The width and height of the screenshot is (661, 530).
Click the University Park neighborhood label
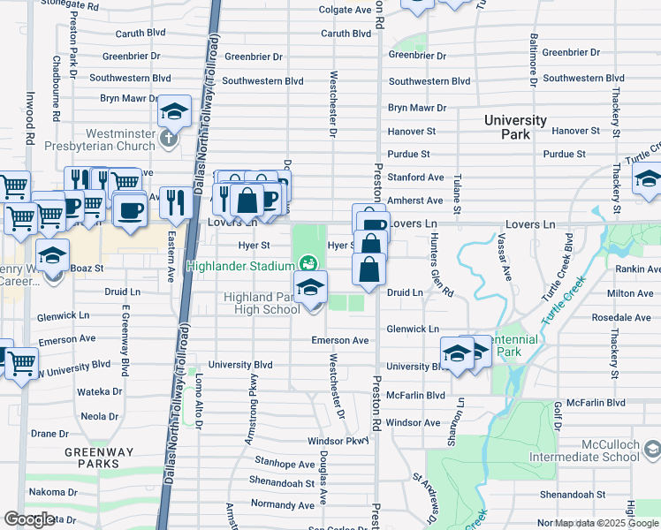(514, 127)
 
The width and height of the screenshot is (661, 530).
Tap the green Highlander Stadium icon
(308, 262)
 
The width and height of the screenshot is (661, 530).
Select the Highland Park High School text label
(265, 303)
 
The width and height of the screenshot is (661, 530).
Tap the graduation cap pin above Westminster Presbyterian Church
(175, 112)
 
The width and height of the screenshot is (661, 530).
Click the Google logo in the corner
(29, 519)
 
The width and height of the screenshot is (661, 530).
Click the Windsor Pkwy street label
(337, 441)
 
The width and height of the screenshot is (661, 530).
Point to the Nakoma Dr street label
(53, 491)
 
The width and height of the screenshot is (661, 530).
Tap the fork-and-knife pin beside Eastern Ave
(176, 203)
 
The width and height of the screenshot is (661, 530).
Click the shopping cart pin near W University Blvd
(20, 361)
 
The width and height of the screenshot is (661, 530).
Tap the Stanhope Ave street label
(285, 463)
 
